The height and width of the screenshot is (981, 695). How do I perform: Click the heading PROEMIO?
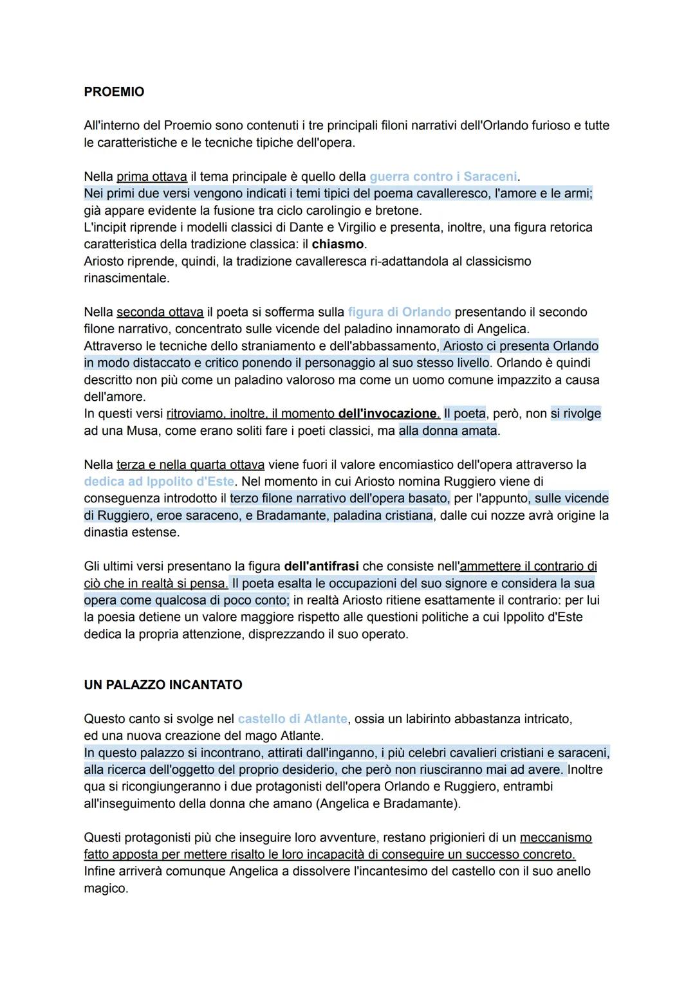[x=114, y=92]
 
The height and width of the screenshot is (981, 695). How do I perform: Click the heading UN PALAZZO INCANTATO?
[x=163, y=685]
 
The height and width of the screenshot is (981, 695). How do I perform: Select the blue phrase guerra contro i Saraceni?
[x=443, y=177]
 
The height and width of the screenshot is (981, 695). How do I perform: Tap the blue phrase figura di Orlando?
[x=399, y=313]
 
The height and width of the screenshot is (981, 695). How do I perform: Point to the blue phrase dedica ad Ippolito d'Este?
[x=159, y=482]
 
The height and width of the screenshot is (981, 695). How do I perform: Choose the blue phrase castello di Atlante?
[x=292, y=719]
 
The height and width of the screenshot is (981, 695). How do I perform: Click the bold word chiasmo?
[x=338, y=244]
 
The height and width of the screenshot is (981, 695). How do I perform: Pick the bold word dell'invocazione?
[x=387, y=414]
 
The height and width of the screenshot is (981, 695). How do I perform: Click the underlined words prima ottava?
[x=152, y=177]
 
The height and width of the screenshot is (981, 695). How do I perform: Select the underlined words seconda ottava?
[x=160, y=313]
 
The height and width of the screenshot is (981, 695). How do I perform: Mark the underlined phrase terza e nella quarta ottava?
[x=190, y=465]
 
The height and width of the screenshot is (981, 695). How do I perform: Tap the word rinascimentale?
[x=126, y=279]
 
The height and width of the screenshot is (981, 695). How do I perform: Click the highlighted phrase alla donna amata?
[x=448, y=431]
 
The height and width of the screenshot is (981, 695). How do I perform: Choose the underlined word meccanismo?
[x=555, y=838]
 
